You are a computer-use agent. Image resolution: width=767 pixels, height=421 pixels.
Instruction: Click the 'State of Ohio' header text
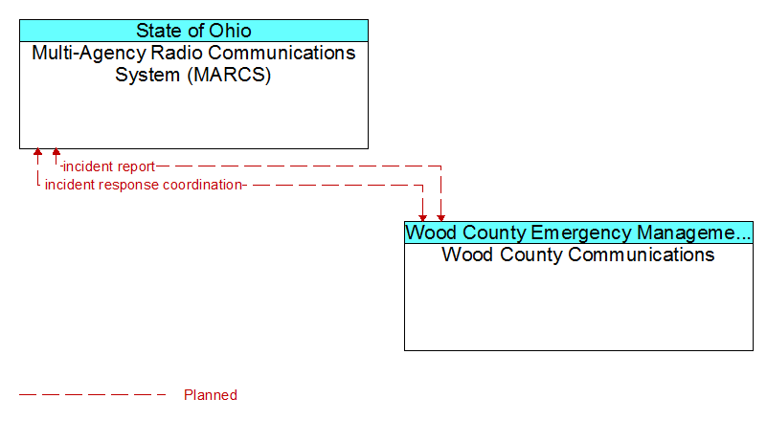[x=193, y=31]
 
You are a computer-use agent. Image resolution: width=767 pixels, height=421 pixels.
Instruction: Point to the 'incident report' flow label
[x=109, y=166]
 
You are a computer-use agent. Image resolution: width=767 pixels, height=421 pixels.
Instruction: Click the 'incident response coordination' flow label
[x=144, y=185]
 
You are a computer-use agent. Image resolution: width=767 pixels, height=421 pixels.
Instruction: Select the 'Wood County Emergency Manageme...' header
[x=578, y=233]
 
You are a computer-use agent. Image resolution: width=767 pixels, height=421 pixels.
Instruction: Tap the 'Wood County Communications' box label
[x=578, y=255]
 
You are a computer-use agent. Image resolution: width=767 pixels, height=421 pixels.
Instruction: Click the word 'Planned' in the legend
[x=211, y=394]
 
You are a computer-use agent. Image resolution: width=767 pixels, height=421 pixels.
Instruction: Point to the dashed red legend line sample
[x=93, y=394]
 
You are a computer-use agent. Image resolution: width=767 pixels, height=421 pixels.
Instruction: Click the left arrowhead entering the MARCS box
[x=37, y=152]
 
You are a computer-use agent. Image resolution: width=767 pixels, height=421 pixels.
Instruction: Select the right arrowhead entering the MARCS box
[x=56, y=152]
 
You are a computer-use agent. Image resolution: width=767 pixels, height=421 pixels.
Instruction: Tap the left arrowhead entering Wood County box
[x=422, y=218]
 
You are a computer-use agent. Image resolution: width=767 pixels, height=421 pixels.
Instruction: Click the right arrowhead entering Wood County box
[x=441, y=218]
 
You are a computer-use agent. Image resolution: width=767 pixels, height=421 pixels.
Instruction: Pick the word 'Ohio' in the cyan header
[x=230, y=31]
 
